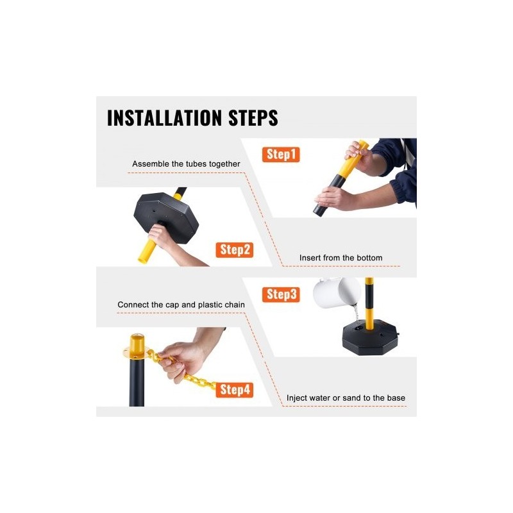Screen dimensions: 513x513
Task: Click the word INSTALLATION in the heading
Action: tap(165, 118)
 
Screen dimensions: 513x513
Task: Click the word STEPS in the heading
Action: tap(253, 118)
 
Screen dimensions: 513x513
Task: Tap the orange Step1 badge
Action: tap(281, 155)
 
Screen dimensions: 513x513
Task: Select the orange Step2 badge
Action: tap(235, 250)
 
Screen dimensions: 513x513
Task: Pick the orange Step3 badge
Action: tap(281, 294)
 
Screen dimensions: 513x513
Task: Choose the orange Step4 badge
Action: tap(235, 390)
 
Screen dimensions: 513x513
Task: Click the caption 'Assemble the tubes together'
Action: tap(186, 164)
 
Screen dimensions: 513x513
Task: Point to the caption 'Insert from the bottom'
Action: tap(341, 258)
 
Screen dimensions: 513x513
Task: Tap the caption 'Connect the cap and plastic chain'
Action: tap(181, 305)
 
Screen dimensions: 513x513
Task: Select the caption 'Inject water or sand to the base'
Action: tap(346, 398)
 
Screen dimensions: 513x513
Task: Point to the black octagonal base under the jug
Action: tap(370, 338)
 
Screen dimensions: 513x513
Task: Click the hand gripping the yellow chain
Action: tap(180, 360)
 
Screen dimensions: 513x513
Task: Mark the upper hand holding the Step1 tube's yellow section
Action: tap(359, 156)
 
